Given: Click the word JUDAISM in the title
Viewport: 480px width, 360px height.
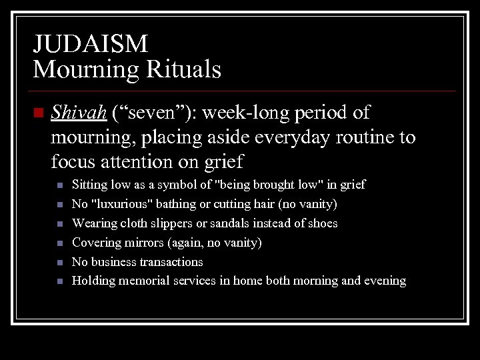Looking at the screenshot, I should [91, 45].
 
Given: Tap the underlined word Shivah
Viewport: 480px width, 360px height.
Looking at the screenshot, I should [79, 113].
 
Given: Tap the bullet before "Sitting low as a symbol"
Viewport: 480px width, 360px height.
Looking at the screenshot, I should [59, 185].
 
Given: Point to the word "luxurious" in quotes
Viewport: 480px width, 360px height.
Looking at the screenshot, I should [121, 204].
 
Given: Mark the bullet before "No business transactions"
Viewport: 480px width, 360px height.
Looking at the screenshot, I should [59, 262].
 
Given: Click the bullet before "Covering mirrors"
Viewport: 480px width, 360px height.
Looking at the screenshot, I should [59, 243].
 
